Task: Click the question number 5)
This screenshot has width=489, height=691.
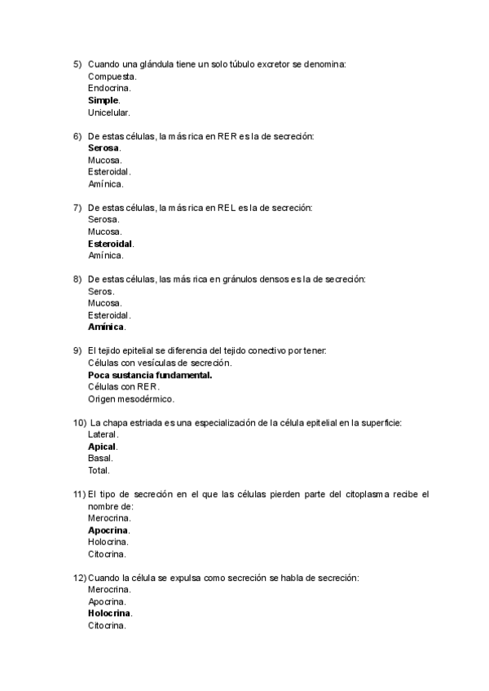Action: pyautogui.click(x=77, y=64)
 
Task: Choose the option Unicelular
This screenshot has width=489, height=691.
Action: pyautogui.click(x=108, y=112)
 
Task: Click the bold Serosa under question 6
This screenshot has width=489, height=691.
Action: pyautogui.click(x=104, y=147)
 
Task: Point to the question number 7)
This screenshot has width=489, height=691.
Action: pyautogui.click(x=77, y=208)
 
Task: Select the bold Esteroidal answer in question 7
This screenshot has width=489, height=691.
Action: pyautogui.click(x=111, y=244)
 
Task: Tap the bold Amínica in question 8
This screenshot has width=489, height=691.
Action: pyautogui.click(x=106, y=327)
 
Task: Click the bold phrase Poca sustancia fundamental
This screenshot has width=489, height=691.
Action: pyautogui.click(x=150, y=375)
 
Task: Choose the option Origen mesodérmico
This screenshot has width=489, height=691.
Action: pyautogui.click(x=131, y=399)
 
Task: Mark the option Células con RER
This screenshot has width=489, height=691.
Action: pyautogui.click(x=123, y=387)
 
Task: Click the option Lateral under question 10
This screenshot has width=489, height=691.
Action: pyautogui.click(x=103, y=434)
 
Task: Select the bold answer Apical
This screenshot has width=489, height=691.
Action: pyautogui.click(x=103, y=447)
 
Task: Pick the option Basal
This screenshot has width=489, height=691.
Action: pyautogui.click(x=100, y=458)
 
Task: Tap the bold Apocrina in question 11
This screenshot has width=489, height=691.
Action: pyautogui.click(x=108, y=530)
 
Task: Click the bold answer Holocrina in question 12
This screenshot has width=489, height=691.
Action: pyautogui.click(x=110, y=614)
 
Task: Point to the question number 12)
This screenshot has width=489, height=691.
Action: pyautogui.click(x=79, y=578)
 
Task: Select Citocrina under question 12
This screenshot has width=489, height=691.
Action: pyautogui.click(x=107, y=626)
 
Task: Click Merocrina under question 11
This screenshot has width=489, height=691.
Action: pyautogui.click(x=109, y=517)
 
